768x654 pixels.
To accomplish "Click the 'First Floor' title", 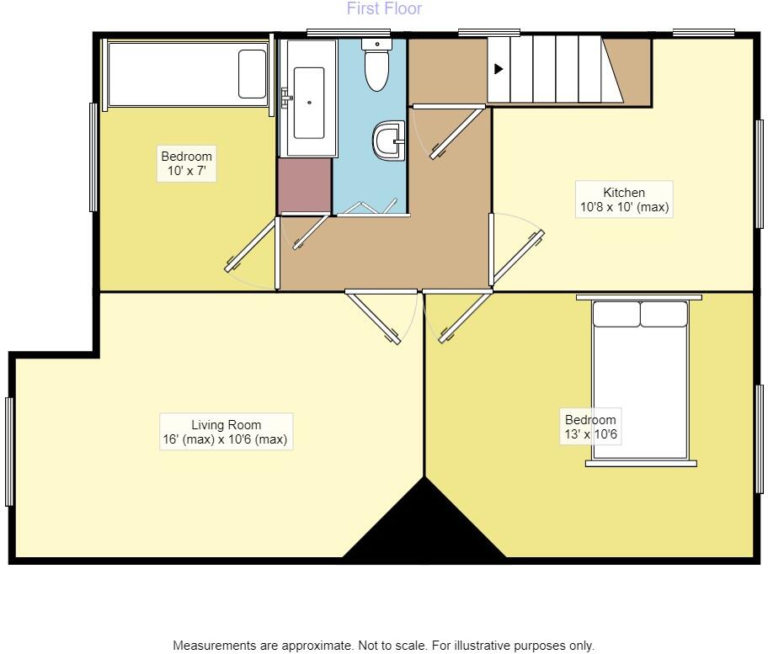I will coord(384,9).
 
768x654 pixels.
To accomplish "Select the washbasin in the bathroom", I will coord(388,141).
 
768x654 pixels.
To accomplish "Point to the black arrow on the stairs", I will coord(499,69).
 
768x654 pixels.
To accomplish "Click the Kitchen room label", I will coord(623,199).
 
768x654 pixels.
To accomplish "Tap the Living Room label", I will coord(226,432).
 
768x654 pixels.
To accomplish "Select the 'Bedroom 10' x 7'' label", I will coord(187,163).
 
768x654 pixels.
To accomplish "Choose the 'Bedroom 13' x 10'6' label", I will coord(590,427).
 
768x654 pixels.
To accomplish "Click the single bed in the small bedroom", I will coord(187,73).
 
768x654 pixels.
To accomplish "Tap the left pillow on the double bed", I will coord(616,314).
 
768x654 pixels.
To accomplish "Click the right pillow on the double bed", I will coord(664,314).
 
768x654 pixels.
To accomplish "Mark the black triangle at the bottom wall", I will coord(424,526).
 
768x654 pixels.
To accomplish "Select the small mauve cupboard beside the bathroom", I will coord(304,184).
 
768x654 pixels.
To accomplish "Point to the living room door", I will coord(375,317).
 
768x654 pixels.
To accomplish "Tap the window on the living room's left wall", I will coord(10,451).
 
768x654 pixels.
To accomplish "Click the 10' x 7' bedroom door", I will coord(251,246).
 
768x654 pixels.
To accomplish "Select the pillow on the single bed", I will coord(252,73).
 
